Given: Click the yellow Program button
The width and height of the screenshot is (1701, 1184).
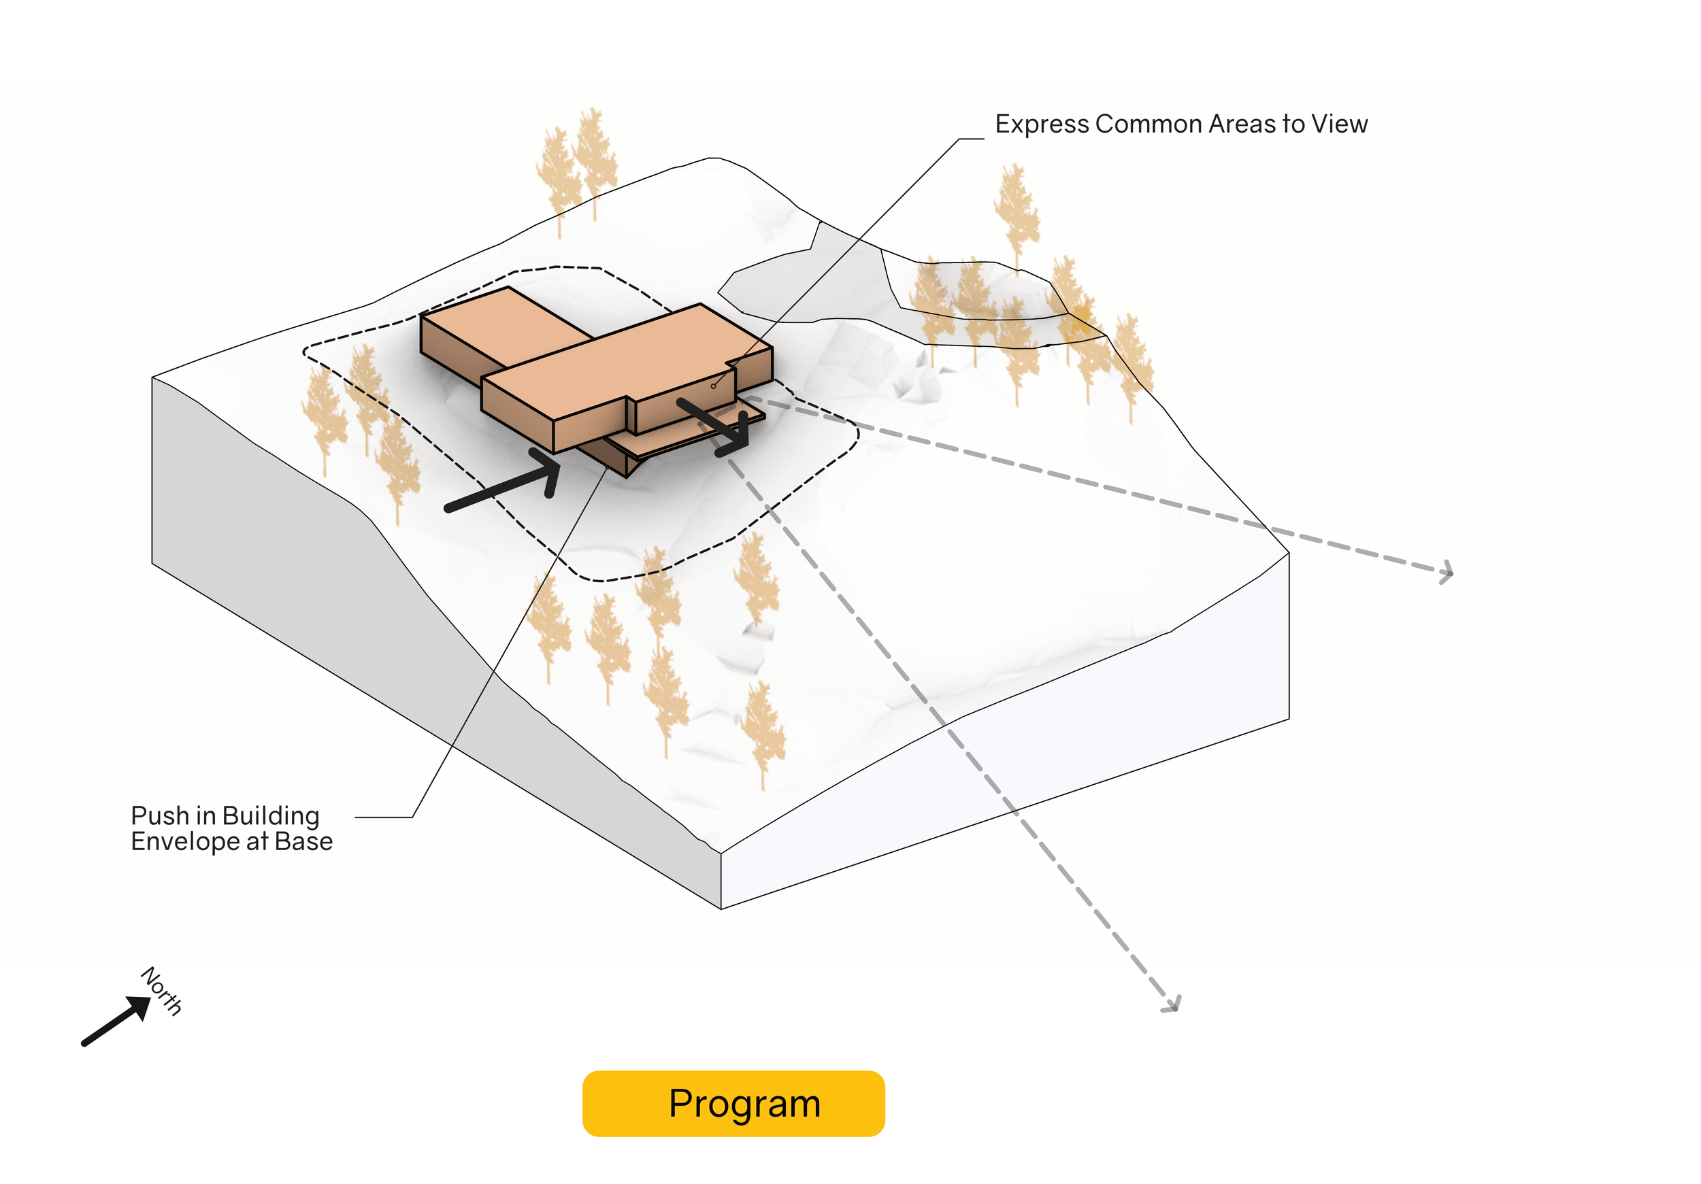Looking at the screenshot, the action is click(733, 1103).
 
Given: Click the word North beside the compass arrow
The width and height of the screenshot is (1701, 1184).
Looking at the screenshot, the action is click(161, 991).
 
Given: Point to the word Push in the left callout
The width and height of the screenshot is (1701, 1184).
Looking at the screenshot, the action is click(160, 815).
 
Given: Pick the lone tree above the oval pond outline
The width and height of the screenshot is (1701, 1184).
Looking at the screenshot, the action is click(1017, 215).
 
